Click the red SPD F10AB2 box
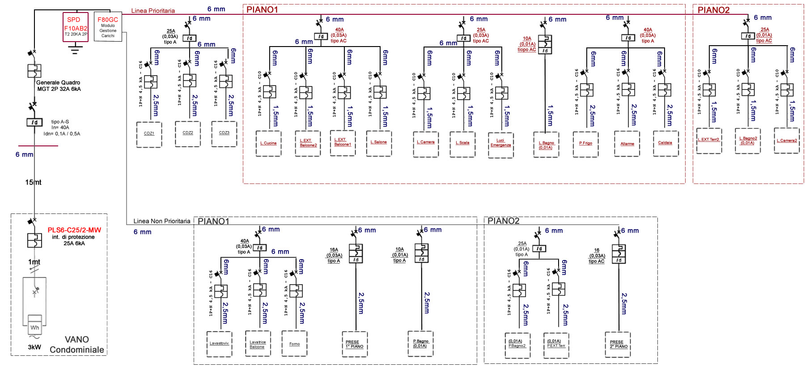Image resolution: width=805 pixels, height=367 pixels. pos(76,27)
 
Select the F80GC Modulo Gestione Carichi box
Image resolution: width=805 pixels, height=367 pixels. pos(108,26)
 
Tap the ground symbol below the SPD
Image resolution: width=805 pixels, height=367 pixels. pos(75,49)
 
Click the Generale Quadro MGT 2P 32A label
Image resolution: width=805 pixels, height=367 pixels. pos(59,85)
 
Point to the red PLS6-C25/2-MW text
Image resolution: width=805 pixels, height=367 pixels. pos(74,230)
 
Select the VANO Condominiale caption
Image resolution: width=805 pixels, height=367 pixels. pos(77,345)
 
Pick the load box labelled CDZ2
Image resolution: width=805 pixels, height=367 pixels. pos(188,133)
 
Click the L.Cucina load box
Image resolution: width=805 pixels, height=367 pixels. pos(268,143)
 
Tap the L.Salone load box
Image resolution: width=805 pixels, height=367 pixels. pos(379,143)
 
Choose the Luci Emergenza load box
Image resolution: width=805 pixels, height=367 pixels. pos(500,144)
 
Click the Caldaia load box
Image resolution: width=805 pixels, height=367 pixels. pos(665,143)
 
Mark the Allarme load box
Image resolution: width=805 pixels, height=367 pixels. pos(627,144)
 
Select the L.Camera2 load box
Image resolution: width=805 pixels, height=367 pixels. pos(786,141)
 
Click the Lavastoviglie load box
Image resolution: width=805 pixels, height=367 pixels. pos(219,344)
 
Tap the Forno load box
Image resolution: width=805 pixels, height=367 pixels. pos(294,344)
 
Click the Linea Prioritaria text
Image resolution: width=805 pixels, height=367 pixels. pos(153,11)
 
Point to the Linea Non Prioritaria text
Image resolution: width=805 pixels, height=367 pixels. pos(161,221)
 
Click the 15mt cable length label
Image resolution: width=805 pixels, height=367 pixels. pos(33,182)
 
